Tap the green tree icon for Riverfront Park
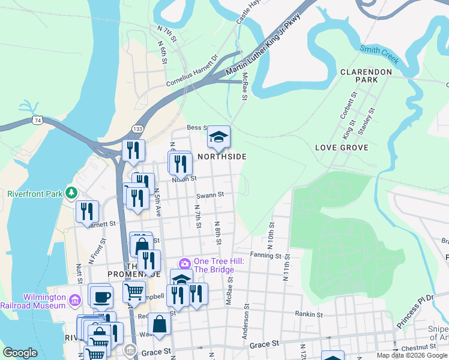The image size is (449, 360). point(72,192)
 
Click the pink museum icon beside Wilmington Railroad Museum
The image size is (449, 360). point(74,299)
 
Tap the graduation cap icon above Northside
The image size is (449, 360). point(218,137)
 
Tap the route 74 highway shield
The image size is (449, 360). point(38,121)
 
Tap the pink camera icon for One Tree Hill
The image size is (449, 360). point(185,263)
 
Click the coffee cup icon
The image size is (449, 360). point(100,296)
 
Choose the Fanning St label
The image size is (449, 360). point(266,256)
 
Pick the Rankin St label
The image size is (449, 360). point(310,314)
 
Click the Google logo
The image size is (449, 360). point(20,353)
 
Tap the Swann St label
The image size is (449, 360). point(210,194)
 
